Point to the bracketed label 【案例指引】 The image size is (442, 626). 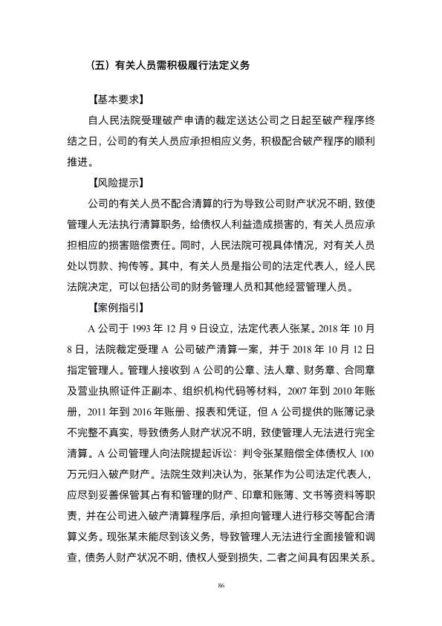click(x=117, y=306)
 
